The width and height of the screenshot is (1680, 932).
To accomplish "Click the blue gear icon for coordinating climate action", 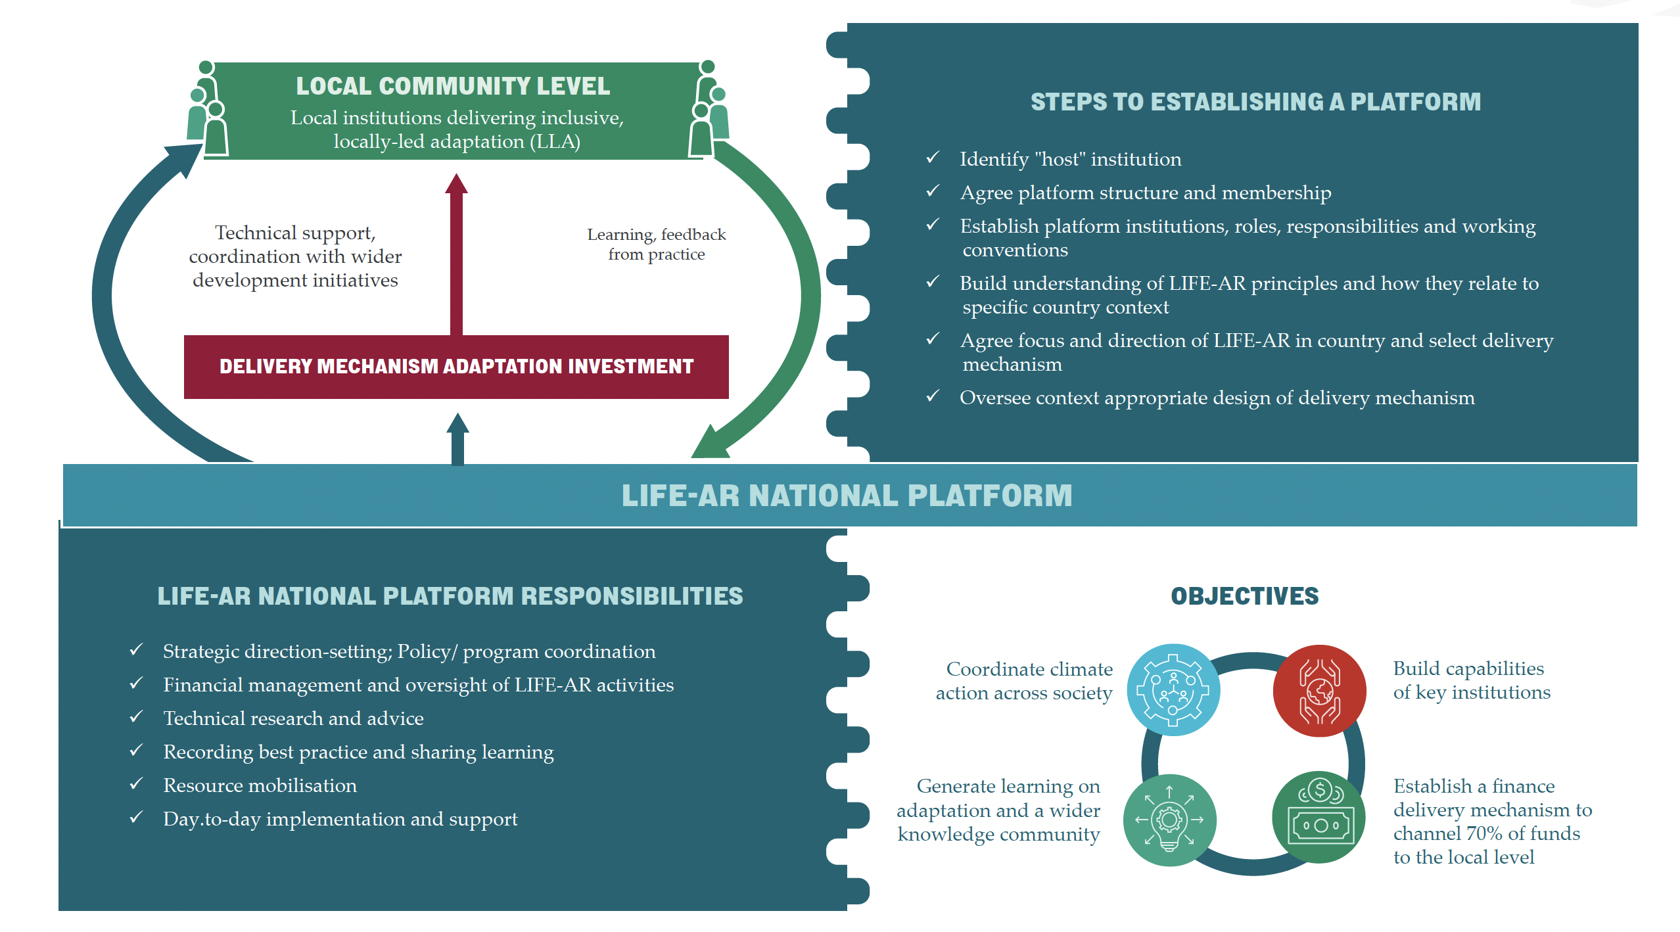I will [1173, 689].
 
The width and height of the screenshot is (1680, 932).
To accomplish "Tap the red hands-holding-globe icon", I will [1319, 691].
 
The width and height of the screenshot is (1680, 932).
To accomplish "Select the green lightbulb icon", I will [1169, 820].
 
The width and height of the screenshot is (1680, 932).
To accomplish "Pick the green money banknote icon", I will [1319, 818].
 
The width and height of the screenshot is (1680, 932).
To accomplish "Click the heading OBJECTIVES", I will [1244, 596].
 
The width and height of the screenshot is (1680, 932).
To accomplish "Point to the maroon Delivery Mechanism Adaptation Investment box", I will [456, 367].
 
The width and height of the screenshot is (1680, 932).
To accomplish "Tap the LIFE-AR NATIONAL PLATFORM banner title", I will [847, 496].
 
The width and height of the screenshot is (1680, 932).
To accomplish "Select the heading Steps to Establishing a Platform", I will [1255, 102].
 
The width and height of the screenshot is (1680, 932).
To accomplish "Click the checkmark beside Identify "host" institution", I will [932, 158].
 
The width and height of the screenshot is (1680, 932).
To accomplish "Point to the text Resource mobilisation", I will [260, 785].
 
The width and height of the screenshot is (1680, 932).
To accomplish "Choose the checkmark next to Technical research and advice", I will [136, 717].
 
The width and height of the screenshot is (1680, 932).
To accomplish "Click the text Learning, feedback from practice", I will [656, 245].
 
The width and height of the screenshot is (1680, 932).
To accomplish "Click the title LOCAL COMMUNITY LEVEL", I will [452, 86].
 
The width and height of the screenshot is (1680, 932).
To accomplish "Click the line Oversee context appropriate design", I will [1217, 398].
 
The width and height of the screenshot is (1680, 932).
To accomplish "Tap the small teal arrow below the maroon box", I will [457, 438].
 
